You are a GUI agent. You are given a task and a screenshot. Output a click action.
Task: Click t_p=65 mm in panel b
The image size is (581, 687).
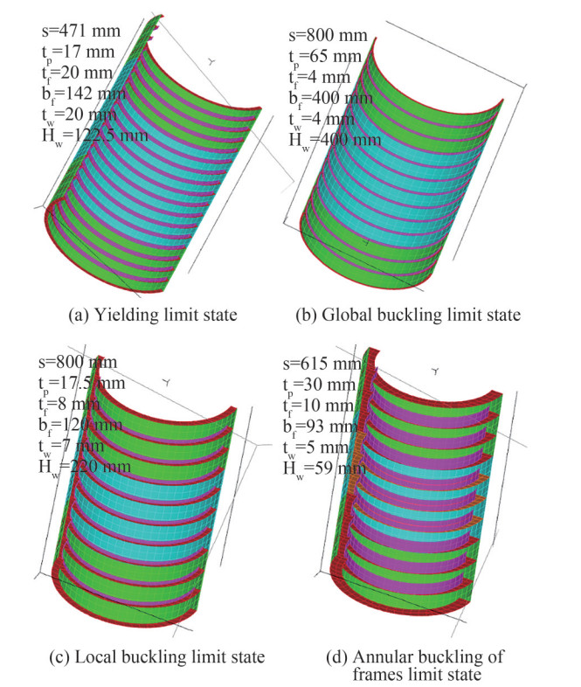click(x=325, y=59)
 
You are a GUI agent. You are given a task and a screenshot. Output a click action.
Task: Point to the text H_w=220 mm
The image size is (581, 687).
click(x=86, y=466)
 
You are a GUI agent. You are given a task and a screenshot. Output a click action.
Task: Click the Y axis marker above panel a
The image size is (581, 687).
click(x=213, y=62)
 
